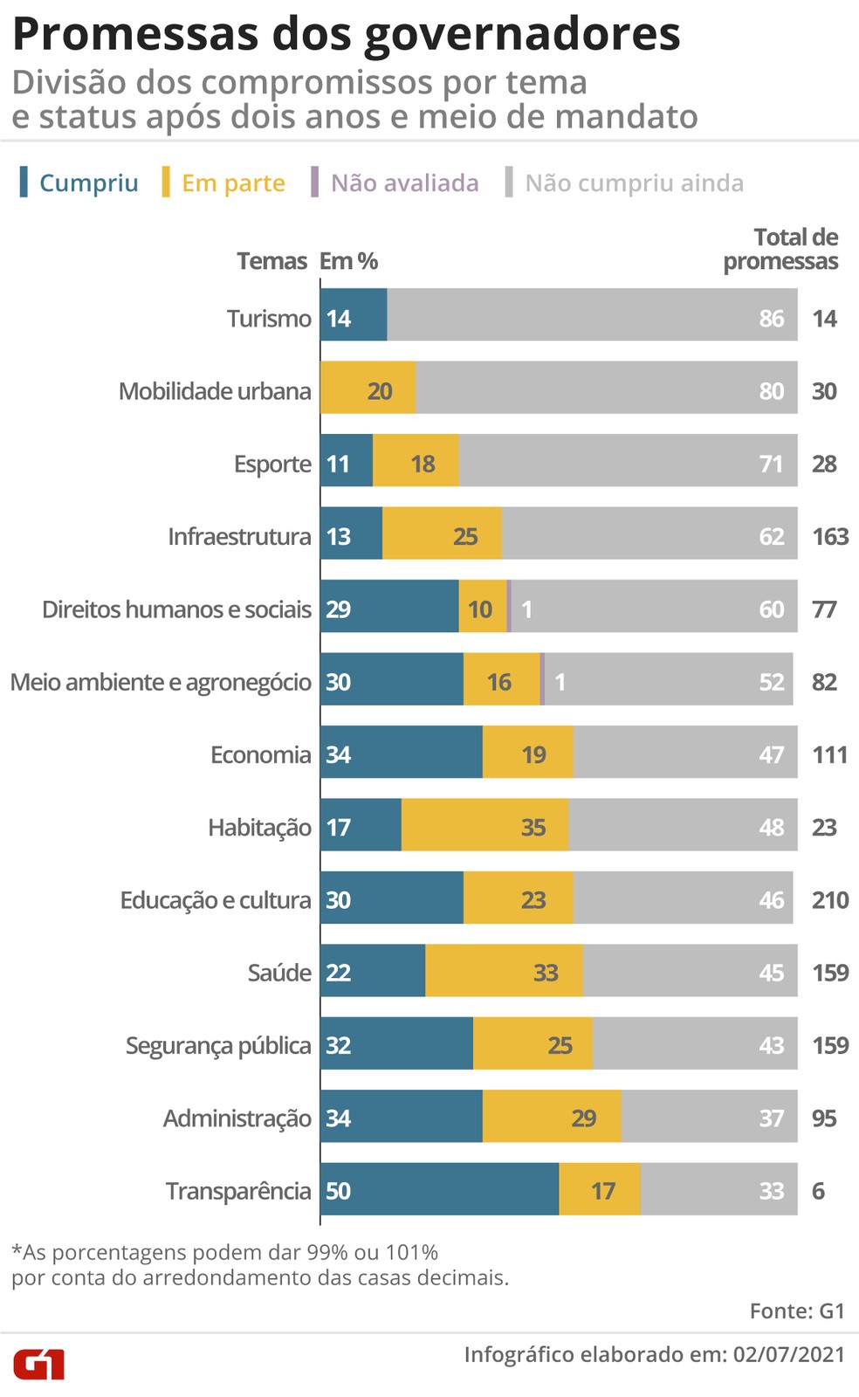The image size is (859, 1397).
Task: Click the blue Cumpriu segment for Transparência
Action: pos(439,1189)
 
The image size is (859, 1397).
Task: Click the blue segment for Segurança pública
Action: pos(396,1044)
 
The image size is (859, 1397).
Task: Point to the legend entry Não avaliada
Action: pos(404,182)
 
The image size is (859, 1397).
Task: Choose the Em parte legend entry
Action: pos(232,182)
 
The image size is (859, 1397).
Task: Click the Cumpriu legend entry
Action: pos(88,182)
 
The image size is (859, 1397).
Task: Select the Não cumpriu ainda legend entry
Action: pos(634,182)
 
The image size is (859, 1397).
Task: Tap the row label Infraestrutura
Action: pos(239,536)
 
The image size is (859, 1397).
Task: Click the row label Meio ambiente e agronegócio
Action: pos(161,682)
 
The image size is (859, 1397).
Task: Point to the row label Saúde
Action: pos(279,973)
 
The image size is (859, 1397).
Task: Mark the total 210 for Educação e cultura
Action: pos(829,899)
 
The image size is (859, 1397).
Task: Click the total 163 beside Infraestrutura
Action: pos(829,536)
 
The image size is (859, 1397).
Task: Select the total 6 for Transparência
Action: pos(818,1190)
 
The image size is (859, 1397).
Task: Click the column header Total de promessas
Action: pos(781,249)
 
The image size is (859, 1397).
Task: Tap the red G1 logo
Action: pos(38,1364)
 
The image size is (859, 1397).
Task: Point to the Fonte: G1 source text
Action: pos(797,1311)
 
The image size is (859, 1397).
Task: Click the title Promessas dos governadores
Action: pos(346,34)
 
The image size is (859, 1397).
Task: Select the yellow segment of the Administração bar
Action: pos(552,1117)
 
